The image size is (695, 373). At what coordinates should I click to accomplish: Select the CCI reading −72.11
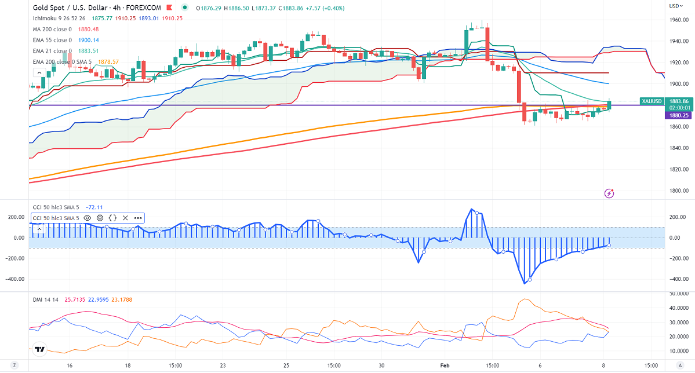pyautogui.click(x=94, y=206)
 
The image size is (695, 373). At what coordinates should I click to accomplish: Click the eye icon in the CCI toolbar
pyautogui.click(x=88, y=218)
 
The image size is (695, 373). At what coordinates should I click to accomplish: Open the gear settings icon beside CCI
pyautogui.click(x=100, y=218)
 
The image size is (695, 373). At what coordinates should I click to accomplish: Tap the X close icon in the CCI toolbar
pyautogui.click(x=125, y=218)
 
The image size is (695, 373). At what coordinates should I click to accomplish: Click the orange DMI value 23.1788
pyautogui.click(x=124, y=299)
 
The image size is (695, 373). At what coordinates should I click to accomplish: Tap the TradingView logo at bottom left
pyautogui.click(x=40, y=350)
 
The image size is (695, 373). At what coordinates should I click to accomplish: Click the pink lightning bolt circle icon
pyautogui.click(x=609, y=193)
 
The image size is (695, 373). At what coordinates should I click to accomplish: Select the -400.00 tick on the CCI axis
pyautogui.click(x=678, y=279)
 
